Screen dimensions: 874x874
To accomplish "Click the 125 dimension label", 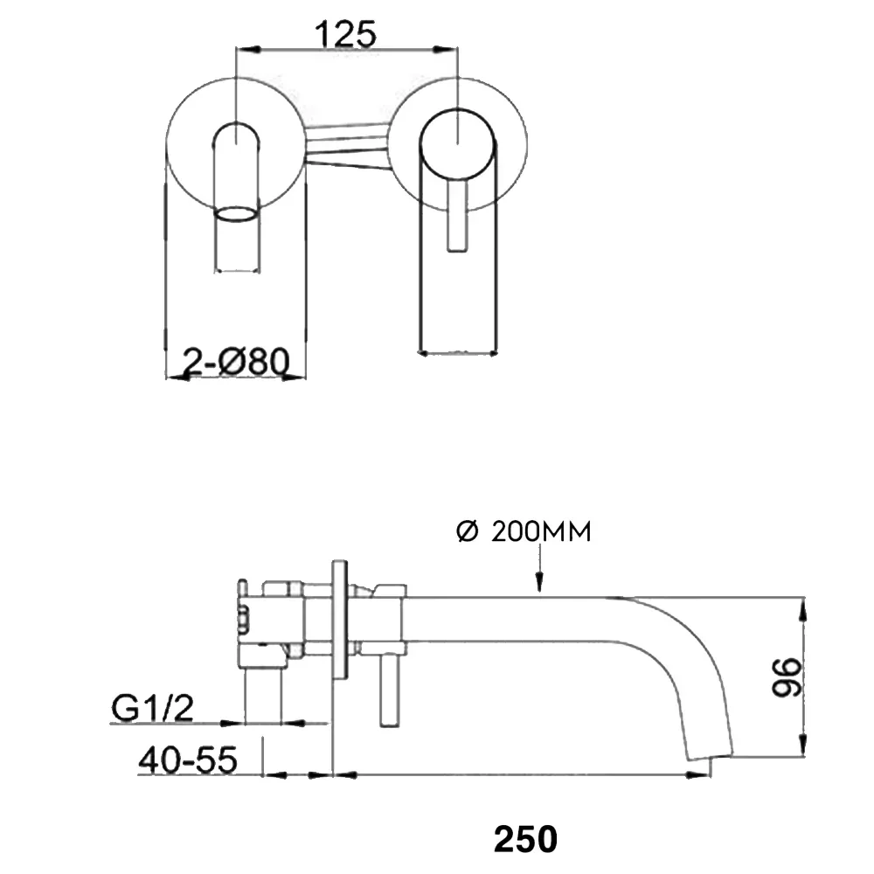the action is [x=345, y=35].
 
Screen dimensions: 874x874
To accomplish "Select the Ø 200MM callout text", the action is [x=524, y=531].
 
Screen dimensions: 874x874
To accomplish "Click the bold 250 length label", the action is [x=525, y=838].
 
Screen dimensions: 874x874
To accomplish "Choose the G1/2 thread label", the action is [x=152, y=708].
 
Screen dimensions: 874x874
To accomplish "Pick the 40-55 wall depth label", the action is [x=188, y=760].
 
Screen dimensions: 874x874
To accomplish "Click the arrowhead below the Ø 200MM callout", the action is [x=539, y=581].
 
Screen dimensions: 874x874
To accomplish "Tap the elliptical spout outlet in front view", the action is [x=237, y=215].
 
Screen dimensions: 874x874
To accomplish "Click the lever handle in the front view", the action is [x=457, y=216].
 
